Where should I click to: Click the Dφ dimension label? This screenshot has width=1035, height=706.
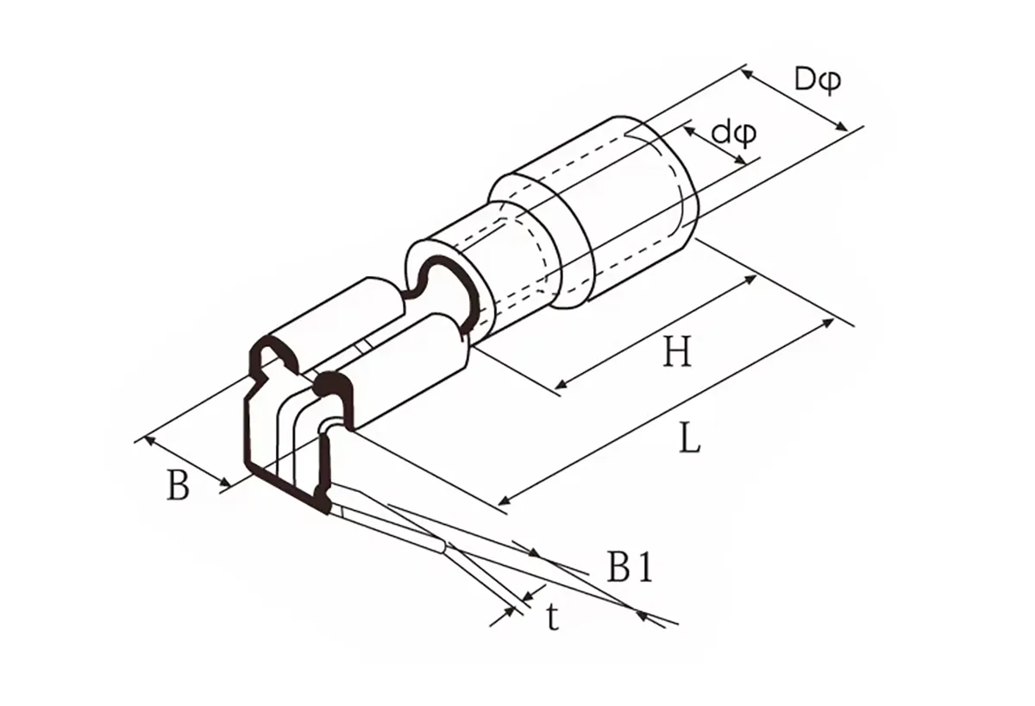(x=818, y=80)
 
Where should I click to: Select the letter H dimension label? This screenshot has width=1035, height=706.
(x=677, y=352)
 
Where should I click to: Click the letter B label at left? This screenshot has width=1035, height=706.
(x=178, y=487)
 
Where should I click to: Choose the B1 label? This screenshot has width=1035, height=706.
(x=629, y=568)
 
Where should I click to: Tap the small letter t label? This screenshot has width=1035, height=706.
(x=553, y=617)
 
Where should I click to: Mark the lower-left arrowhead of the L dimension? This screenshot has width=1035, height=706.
(x=505, y=501)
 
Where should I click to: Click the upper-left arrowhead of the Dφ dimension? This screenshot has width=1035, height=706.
(x=747, y=74)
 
